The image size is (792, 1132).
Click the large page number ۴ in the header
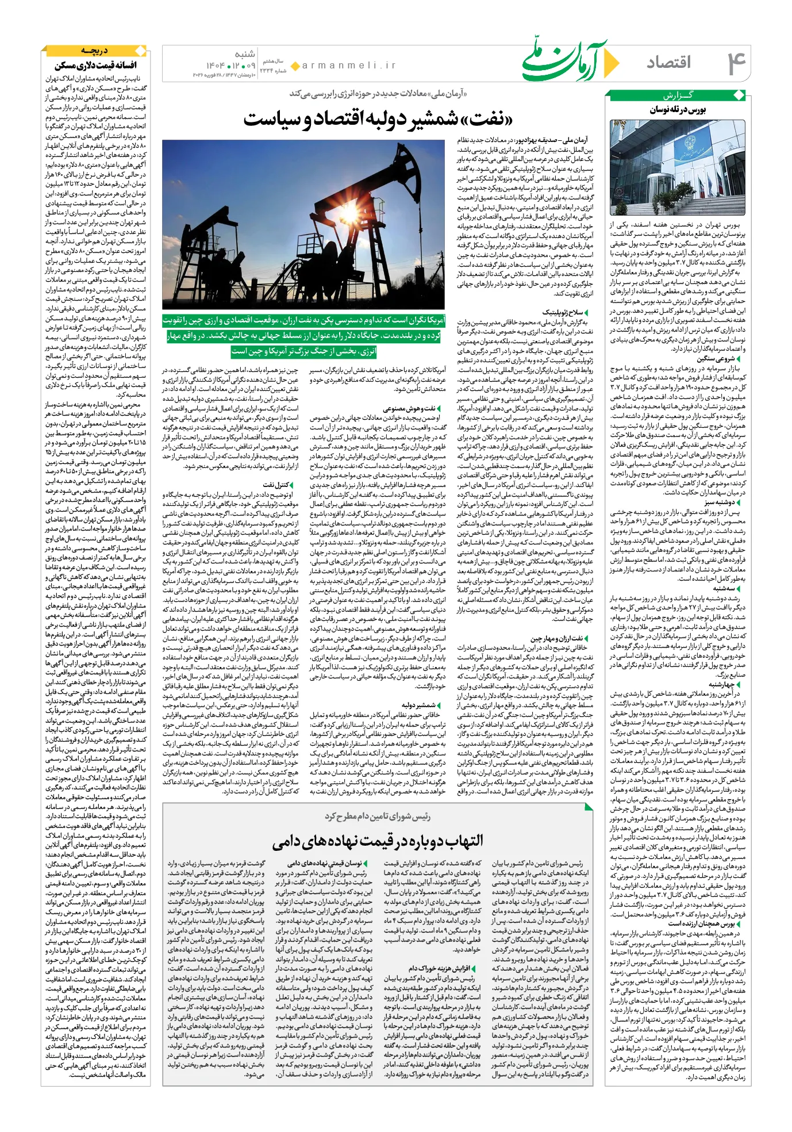pyautogui.click(x=736, y=62)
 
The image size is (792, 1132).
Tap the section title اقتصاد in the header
pyautogui.click(x=668, y=62)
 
